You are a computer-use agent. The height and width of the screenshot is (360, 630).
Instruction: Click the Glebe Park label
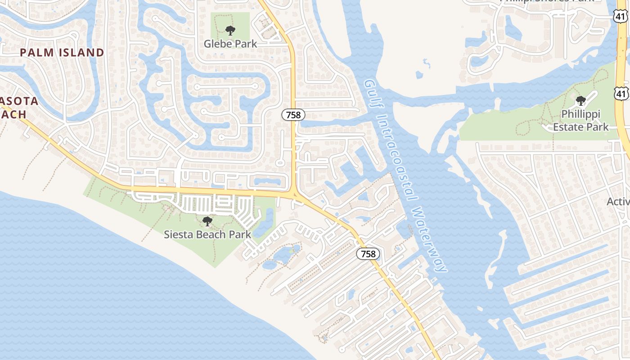(x=230, y=44)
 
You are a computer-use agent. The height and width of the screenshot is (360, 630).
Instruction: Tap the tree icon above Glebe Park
(x=230, y=31)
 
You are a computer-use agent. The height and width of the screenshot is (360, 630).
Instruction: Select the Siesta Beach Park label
(x=207, y=234)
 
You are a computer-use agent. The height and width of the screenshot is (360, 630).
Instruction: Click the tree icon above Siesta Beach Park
(x=207, y=221)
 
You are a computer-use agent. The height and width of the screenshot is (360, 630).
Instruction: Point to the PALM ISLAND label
(x=62, y=53)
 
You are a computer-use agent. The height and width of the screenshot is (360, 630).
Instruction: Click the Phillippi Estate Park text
(x=580, y=121)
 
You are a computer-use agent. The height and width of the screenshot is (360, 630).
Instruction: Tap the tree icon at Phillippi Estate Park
(x=581, y=100)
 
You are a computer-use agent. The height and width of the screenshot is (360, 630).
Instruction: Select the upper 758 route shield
(x=293, y=115)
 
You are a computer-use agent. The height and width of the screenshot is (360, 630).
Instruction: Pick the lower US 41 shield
(x=621, y=94)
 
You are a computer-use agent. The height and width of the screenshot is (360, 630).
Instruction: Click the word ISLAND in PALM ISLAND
(x=82, y=53)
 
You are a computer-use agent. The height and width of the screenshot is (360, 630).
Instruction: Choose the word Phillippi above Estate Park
(x=580, y=115)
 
